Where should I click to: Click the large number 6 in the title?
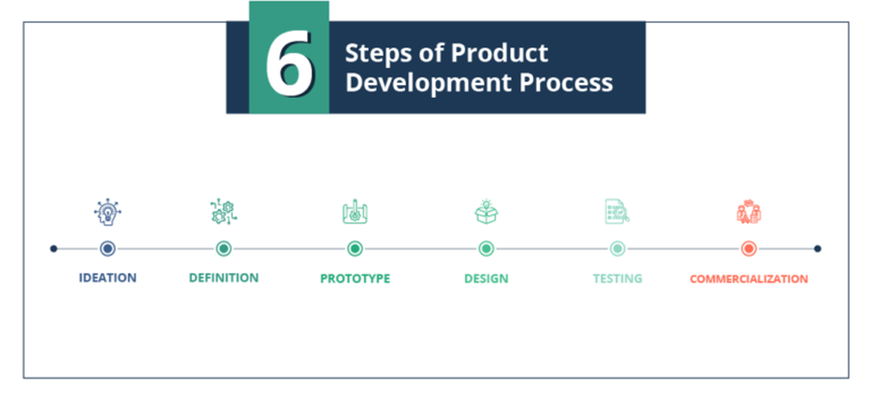(x=289, y=66)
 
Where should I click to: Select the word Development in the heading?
(x=428, y=82)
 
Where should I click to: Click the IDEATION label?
(x=108, y=278)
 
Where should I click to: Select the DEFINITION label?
(x=224, y=278)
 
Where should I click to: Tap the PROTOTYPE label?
(x=355, y=278)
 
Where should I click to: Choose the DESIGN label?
(x=486, y=278)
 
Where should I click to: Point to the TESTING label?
(x=617, y=278)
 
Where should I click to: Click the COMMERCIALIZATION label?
(x=749, y=279)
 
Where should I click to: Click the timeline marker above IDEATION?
(x=107, y=249)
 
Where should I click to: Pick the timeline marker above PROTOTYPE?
(x=355, y=249)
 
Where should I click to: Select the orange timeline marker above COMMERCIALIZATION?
(x=749, y=249)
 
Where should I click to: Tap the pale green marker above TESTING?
(x=617, y=249)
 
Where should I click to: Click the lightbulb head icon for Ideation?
(x=108, y=213)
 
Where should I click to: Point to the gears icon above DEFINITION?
(x=223, y=212)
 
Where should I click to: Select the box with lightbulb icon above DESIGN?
(x=486, y=212)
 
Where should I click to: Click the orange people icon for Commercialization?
(x=749, y=212)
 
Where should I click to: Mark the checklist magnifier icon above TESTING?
(x=617, y=212)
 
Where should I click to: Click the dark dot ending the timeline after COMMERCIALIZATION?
(x=817, y=249)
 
